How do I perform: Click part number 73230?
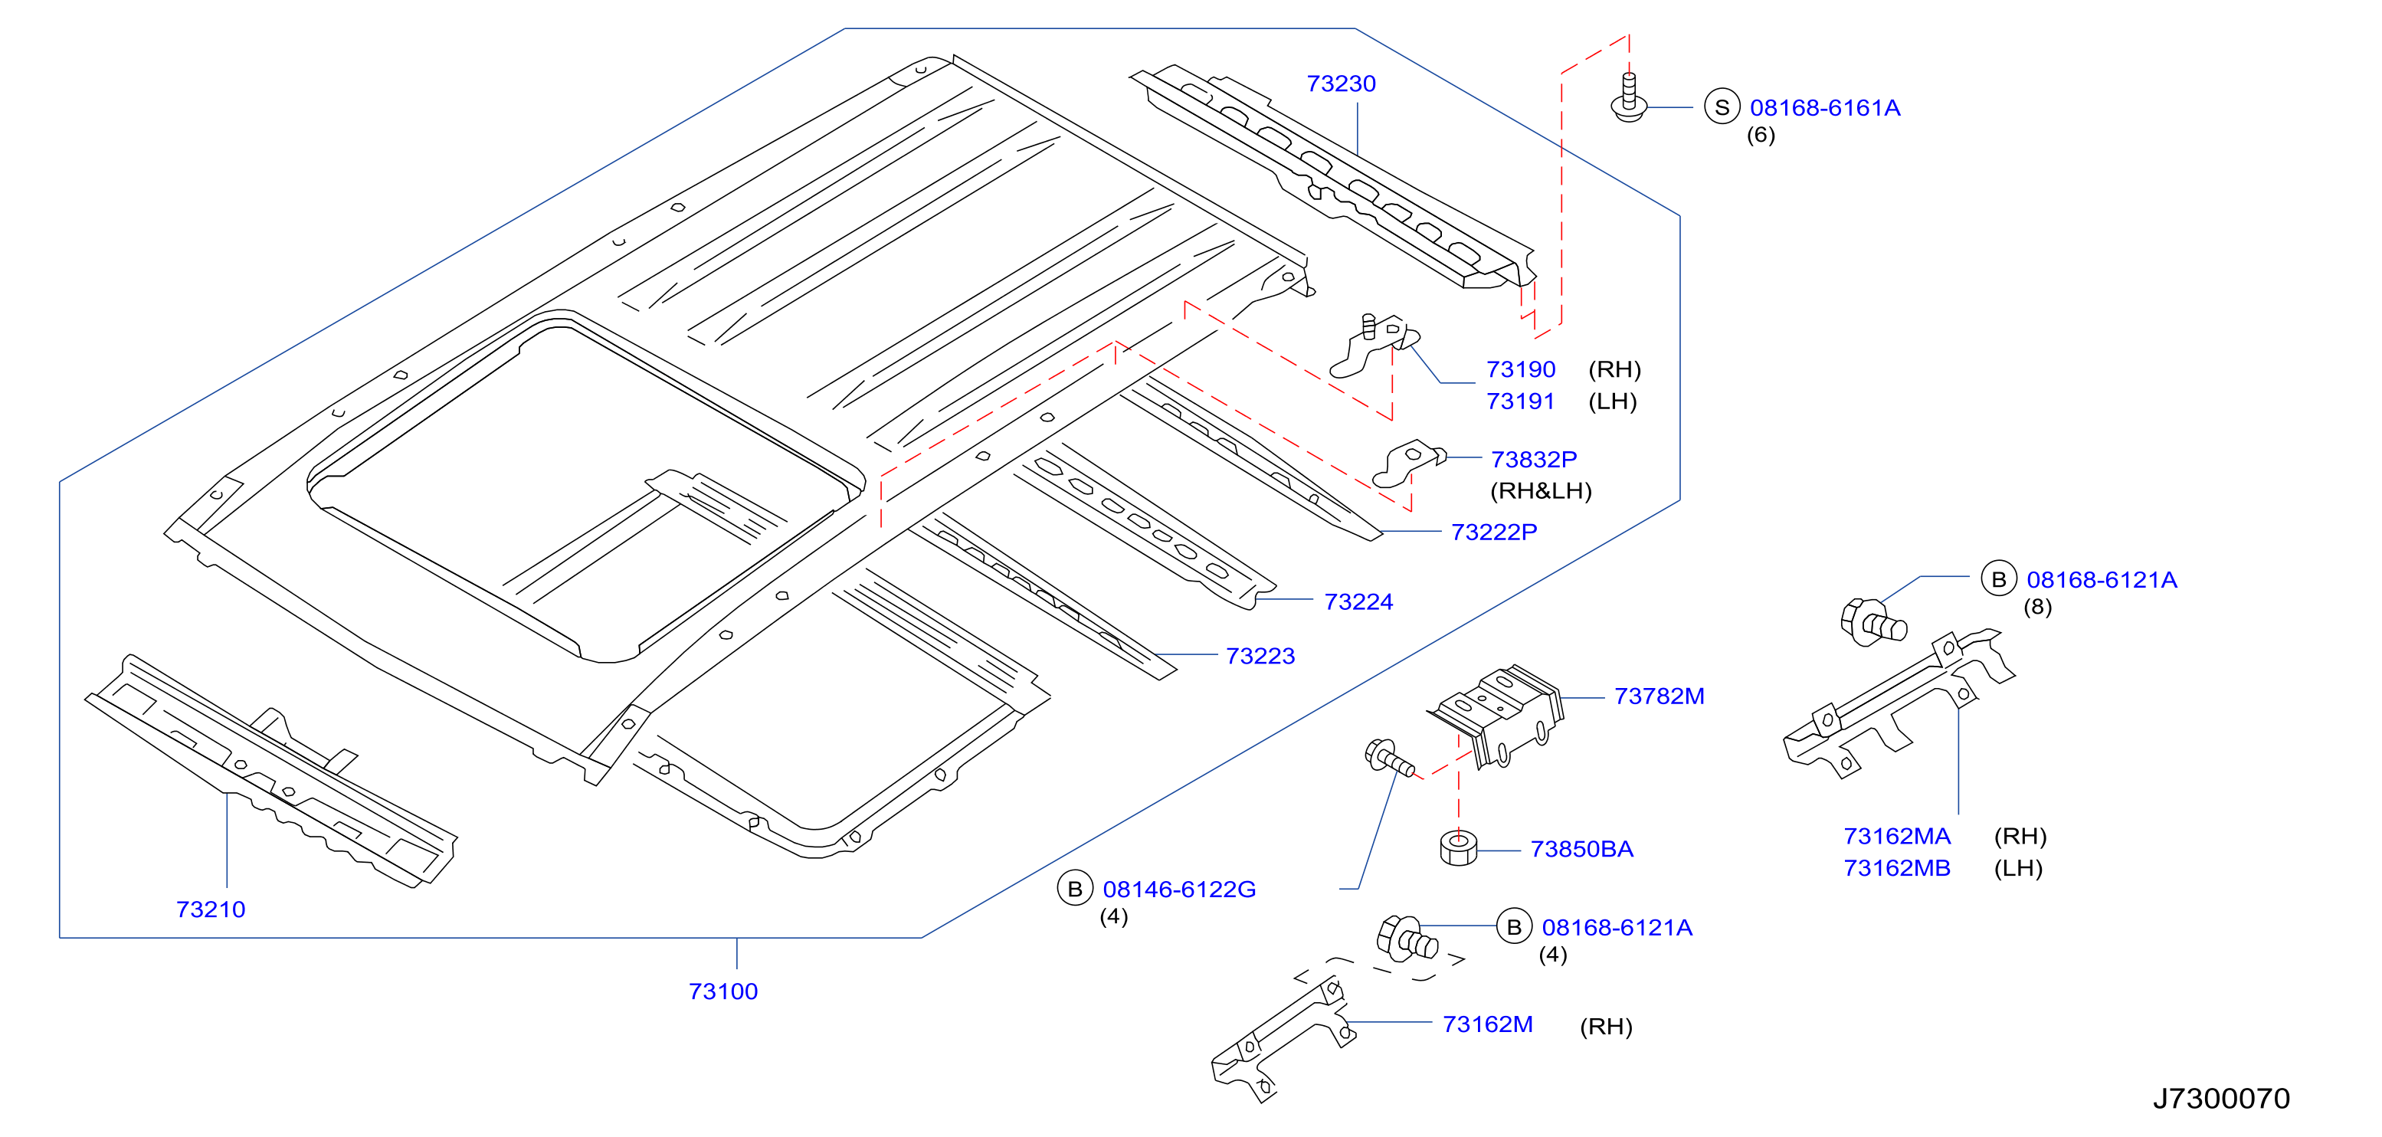[1341, 84]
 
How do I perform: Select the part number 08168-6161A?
[1824, 108]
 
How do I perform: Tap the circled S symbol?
[1722, 107]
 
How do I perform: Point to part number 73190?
[1521, 370]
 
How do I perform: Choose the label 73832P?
[1534, 460]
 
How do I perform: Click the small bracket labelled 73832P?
[1407, 463]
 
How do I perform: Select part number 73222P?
[1494, 532]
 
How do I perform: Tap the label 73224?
[1358, 601]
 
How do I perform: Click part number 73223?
[1260, 657]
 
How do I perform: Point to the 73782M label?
[1659, 697]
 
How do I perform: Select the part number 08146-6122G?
[1179, 890]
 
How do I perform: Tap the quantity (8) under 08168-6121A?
[2037, 608]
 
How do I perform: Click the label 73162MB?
[1896, 868]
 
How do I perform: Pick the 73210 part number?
[211, 909]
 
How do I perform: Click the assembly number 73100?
[723, 992]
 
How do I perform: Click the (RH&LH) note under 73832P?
[1541, 491]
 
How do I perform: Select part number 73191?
[1520, 402]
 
